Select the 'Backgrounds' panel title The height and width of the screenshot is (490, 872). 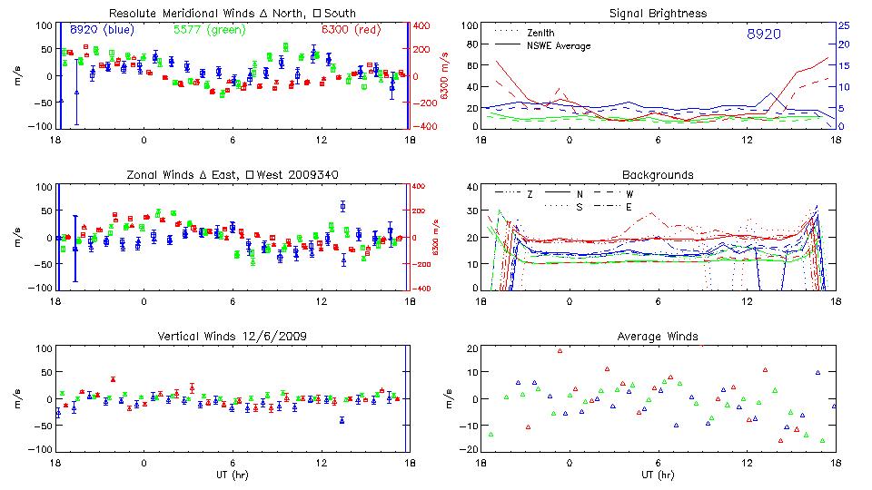(658, 174)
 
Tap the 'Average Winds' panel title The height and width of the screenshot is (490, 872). (658, 337)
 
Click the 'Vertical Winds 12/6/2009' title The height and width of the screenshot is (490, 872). (232, 337)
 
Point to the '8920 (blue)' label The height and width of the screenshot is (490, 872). (102, 30)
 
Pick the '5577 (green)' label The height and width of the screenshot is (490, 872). (203, 30)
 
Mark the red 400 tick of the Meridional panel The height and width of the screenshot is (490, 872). (423, 25)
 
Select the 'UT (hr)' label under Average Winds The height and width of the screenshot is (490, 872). (658, 475)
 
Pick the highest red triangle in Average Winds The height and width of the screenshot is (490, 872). (560, 350)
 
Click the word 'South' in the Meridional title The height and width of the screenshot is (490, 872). (337, 14)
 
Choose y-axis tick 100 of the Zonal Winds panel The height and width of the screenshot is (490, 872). (42, 187)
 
